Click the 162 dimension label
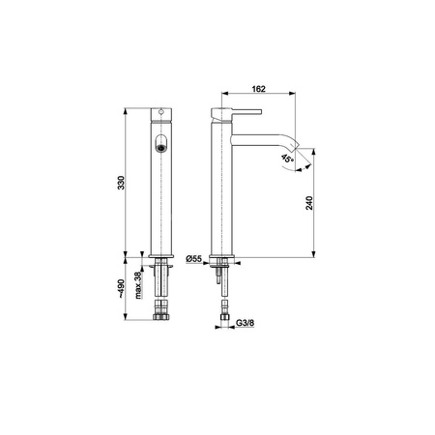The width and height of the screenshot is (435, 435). click(258, 89)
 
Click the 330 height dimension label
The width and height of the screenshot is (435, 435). click(121, 183)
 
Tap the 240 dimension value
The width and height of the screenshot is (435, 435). click(309, 203)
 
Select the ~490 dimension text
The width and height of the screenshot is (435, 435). click(121, 288)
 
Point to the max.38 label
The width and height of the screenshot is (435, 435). click(138, 285)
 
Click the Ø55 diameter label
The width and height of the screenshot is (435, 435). click(194, 258)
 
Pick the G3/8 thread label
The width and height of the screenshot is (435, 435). click(246, 323)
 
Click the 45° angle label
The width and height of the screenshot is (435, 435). click(287, 159)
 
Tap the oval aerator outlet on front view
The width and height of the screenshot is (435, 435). click(161, 143)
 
